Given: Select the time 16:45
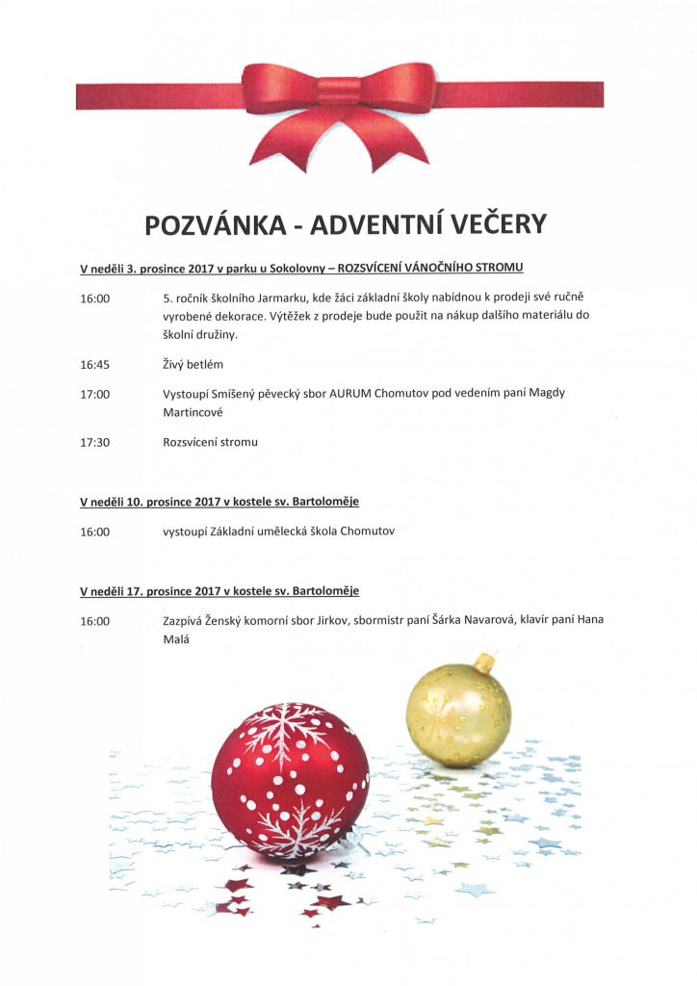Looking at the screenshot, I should click(x=95, y=365).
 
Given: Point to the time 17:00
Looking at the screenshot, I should click(x=95, y=394).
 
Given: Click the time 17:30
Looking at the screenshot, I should click(x=95, y=442).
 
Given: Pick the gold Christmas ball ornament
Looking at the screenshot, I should click(x=458, y=713).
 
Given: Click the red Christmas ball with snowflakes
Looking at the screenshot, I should click(x=290, y=780).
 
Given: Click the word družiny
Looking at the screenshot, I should click(x=212, y=334).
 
